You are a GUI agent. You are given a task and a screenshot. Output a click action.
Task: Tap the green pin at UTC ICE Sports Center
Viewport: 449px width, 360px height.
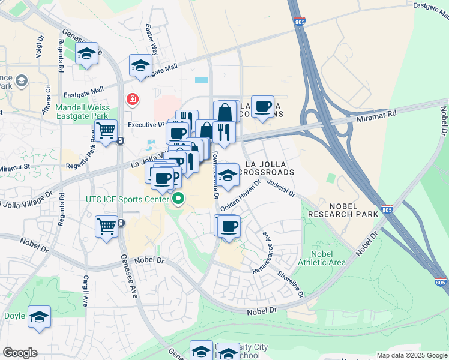click(x=178, y=199)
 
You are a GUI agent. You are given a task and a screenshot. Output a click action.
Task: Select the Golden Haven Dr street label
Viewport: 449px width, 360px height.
click(x=241, y=195)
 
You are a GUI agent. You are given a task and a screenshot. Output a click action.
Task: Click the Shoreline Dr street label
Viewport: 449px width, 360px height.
click(x=291, y=283)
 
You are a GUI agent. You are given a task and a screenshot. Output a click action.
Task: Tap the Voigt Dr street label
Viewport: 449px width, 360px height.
click(x=41, y=44)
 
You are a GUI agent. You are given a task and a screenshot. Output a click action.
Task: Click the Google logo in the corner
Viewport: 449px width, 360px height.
click(x=20, y=353)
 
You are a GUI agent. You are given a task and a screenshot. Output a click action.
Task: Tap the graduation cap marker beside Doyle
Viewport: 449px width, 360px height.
click(x=39, y=317)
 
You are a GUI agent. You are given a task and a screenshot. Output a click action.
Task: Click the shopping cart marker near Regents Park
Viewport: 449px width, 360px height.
click(x=106, y=130)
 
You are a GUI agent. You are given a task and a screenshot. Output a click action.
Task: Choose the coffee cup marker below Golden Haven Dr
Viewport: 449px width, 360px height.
click(x=229, y=227)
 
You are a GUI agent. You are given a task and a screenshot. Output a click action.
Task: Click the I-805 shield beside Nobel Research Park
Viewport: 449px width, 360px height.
click(x=387, y=211)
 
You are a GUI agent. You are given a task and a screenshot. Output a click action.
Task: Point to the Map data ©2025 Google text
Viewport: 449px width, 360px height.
click(x=412, y=355)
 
